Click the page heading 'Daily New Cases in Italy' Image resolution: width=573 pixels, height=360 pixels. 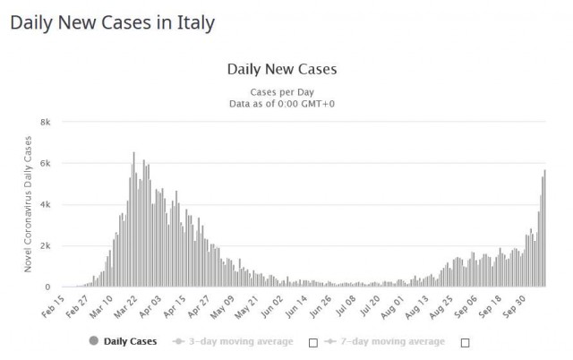coord(112,22)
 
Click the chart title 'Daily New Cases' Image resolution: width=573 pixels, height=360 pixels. coord(282,69)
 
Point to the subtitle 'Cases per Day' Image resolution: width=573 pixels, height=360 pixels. coord(282,91)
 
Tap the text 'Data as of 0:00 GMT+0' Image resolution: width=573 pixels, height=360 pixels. coord(282,104)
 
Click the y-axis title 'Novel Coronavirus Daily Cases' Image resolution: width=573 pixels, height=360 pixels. coord(28,204)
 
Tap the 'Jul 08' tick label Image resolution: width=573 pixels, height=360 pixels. coord(345,304)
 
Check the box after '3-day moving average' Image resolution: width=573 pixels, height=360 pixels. coord(312,342)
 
